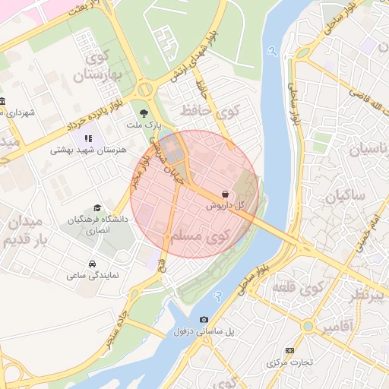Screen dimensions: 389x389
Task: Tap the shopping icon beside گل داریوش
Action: tap(226, 194)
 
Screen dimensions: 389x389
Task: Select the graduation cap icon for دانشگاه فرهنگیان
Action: tap(96, 208)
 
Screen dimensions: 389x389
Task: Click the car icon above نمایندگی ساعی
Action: tap(92, 264)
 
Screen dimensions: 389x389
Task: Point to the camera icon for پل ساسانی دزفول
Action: tap(203, 320)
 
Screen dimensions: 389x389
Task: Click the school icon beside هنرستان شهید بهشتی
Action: tap(88, 139)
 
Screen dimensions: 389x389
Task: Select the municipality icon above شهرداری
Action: tap(2, 101)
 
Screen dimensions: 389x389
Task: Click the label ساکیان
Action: tap(346, 198)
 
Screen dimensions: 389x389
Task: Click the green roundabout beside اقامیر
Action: tap(308, 326)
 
